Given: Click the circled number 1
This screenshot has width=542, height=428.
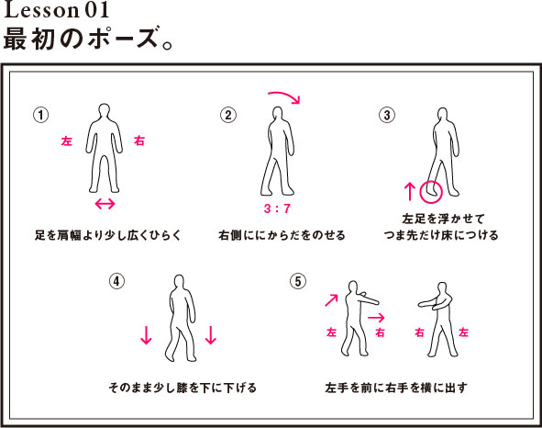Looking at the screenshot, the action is point(40,115).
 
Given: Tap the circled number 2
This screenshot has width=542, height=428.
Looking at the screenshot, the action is point(228,115).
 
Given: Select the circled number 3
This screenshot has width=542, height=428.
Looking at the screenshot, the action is point(387,115).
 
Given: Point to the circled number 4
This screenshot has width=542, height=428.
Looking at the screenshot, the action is point(116,281).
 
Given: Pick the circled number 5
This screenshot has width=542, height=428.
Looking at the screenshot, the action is point(298,281).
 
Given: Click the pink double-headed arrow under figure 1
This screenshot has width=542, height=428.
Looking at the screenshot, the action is point(105,204).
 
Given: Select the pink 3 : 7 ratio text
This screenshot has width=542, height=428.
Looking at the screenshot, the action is point(277,208).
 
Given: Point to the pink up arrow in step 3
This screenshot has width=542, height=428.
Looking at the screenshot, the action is point(410,192).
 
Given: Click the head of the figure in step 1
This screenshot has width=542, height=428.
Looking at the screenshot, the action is point(104,110).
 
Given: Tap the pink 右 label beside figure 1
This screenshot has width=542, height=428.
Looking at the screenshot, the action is point(139,141).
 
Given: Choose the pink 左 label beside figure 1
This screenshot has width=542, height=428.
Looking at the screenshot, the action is point(66,141).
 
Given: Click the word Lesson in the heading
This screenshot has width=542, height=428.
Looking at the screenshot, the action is point(42,10).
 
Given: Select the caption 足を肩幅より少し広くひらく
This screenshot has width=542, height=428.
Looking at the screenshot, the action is point(108,235).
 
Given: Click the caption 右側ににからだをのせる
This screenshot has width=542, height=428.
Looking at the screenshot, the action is point(282,235).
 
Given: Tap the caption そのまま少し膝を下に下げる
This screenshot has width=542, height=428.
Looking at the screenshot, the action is point(183,388).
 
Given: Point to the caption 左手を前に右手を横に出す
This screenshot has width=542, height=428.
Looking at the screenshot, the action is point(396,388).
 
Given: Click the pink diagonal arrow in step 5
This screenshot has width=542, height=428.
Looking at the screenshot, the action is point(331,300).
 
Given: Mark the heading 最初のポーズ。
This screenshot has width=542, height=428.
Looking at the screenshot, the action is point(88,38).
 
